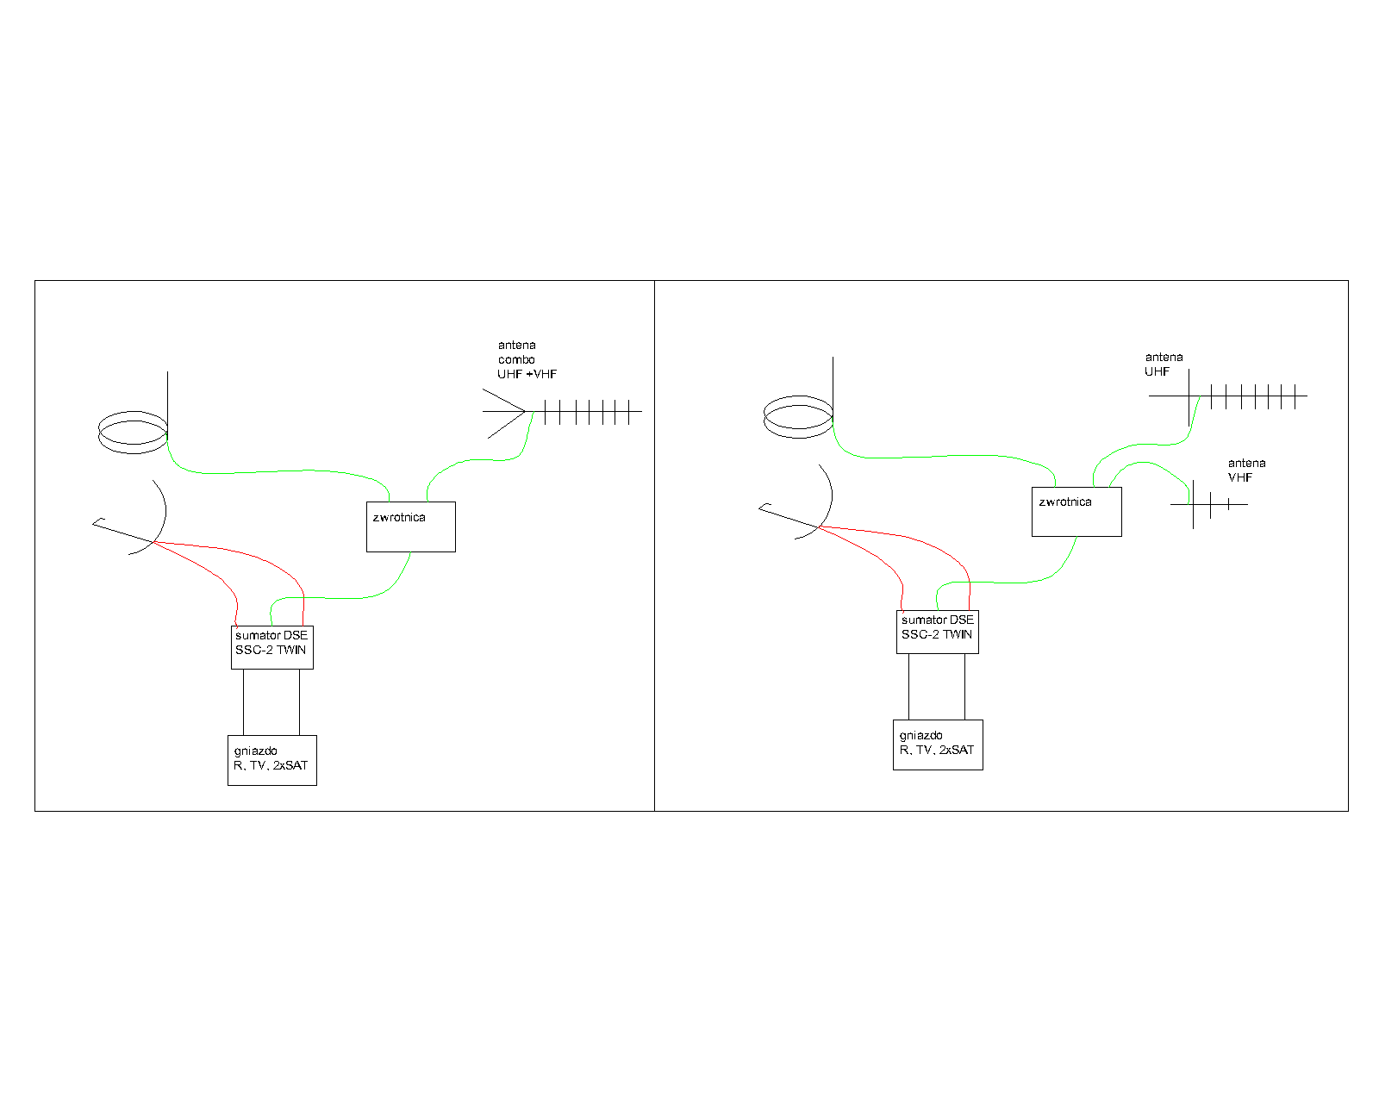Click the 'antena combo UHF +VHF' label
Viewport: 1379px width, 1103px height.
point(527,359)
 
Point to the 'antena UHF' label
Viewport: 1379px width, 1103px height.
point(1164,364)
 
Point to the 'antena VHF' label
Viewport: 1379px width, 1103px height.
point(1246,470)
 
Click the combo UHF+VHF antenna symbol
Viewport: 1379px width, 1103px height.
point(562,411)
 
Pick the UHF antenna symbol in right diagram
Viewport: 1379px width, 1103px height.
point(1228,396)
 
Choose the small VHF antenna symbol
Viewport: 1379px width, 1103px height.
point(1208,504)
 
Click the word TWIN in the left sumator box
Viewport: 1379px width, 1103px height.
point(291,650)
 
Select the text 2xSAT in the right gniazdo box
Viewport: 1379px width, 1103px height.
point(957,750)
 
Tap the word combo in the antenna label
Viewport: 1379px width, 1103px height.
point(516,359)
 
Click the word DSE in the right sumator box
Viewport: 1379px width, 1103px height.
point(962,620)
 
